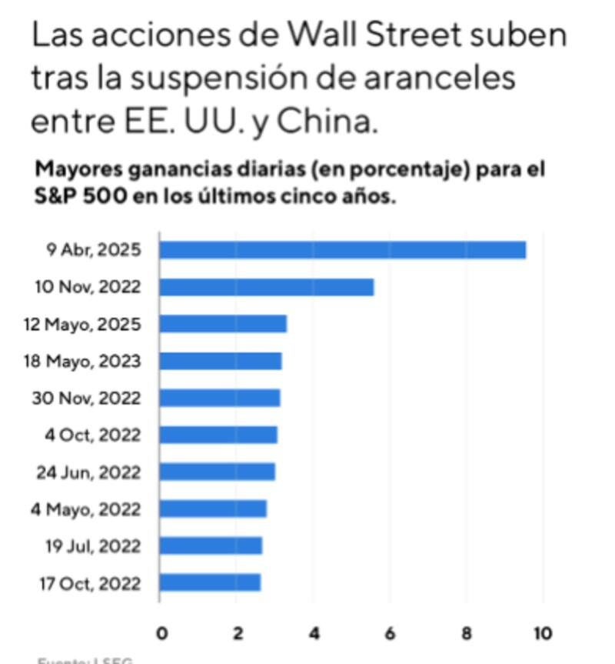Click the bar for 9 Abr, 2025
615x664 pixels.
tap(342, 250)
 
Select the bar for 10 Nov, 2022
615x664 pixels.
tap(266, 287)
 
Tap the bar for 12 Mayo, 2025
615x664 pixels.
tap(223, 324)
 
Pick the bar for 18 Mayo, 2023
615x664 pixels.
tap(221, 361)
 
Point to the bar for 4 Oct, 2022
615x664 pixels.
tap(218, 435)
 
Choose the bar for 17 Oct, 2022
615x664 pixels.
tap(210, 582)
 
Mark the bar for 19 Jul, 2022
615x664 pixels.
tap(211, 546)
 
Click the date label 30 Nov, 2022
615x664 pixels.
tap(86, 399)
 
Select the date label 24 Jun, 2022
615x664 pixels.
tap(88, 472)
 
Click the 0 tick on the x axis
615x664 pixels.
tap(161, 633)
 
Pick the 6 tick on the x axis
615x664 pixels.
tap(390, 633)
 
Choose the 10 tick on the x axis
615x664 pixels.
tap(543, 633)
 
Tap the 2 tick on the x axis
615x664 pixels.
tap(238, 633)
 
